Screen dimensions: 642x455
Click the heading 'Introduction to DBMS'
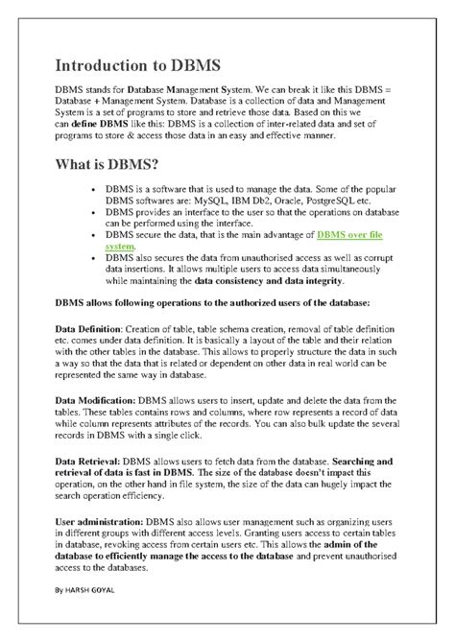pos(137,65)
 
